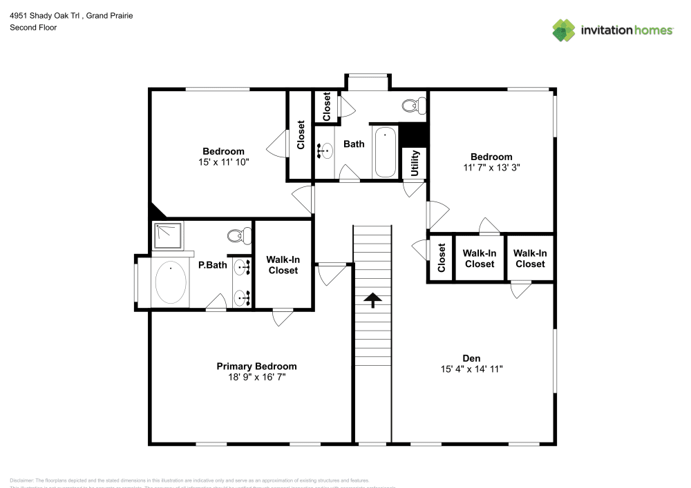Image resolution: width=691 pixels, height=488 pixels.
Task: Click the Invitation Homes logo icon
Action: point(563,30)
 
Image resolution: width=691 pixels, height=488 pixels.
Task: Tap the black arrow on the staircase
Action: point(372,300)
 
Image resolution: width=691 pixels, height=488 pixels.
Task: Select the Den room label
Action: point(471,358)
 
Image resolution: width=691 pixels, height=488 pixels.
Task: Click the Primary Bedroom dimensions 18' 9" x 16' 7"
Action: point(256,378)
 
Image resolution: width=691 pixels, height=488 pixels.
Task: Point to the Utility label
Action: point(415,164)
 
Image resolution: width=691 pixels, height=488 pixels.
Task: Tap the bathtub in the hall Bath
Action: point(385,152)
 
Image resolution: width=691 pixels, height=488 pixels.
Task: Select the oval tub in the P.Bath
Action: point(170,283)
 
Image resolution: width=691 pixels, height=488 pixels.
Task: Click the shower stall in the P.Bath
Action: point(168,235)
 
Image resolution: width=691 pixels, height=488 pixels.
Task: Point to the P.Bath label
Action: point(212,264)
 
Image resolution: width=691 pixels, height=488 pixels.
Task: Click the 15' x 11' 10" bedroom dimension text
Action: point(223,162)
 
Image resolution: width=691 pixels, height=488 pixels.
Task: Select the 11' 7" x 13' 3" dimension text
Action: point(491,167)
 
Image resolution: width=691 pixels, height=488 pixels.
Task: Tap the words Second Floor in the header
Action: point(33,28)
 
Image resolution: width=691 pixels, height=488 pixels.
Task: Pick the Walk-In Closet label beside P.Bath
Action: point(283,265)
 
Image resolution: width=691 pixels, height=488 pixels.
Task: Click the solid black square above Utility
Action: point(414,135)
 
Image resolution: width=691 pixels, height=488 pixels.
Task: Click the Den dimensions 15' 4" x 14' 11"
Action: point(472,369)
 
